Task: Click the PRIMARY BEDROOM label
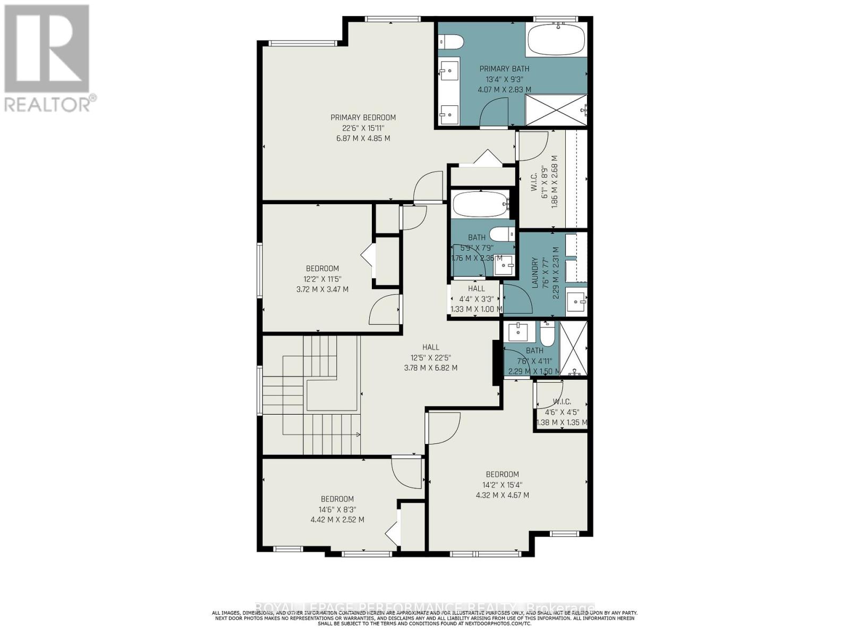[x=363, y=117]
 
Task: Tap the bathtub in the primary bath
[x=556, y=38]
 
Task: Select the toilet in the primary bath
[x=452, y=41]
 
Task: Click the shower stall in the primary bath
[x=556, y=111]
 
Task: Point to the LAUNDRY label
[x=535, y=273]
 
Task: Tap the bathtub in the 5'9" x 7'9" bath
[x=480, y=204]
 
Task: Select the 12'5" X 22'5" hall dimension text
[x=430, y=357]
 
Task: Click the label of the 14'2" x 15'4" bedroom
[x=502, y=474]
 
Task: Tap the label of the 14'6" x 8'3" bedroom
[x=337, y=499]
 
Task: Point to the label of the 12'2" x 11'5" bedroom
[x=322, y=268]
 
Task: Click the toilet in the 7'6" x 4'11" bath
[x=547, y=334]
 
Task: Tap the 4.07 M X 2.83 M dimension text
[x=505, y=89]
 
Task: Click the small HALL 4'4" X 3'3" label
[x=477, y=289]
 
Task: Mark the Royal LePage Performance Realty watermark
[x=425, y=608]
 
